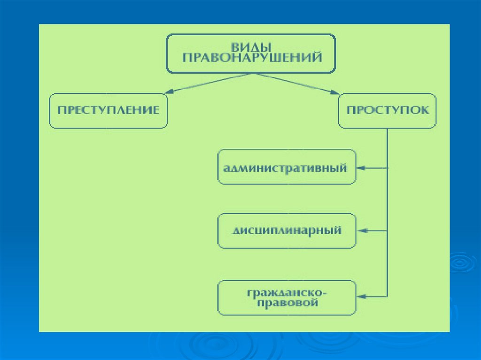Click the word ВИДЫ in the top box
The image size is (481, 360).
point(252,47)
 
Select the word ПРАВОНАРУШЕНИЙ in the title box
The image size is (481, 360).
point(252,58)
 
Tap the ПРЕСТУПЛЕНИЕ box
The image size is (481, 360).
point(108,111)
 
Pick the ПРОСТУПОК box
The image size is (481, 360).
point(387,111)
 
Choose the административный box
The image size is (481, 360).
point(287,167)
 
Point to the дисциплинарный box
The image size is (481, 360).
point(287,231)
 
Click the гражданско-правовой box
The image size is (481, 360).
point(287,298)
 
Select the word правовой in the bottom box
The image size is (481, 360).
point(287,303)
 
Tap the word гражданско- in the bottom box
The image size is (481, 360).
point(287,292)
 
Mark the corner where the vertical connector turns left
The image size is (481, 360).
point(387,297)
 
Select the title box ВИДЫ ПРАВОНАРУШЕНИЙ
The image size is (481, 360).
point(252,53)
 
